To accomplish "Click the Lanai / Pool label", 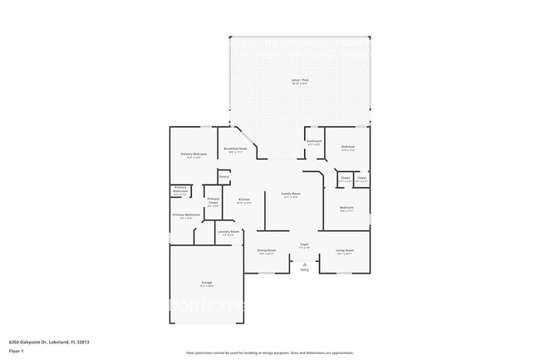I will coord(299,81).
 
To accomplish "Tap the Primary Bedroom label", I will coord(194,155).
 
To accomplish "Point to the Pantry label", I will coord(223,176).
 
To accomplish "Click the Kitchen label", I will coord(244,200).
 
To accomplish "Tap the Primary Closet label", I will coord(213,200).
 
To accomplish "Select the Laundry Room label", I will coord(228,233).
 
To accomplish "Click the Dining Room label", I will coord(266,251).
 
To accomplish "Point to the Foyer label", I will coord(305,245).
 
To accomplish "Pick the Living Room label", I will coord(345,251).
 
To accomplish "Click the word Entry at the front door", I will coord(304,269).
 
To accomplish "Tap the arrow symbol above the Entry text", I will coord(304,263).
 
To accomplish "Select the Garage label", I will coord(206,284).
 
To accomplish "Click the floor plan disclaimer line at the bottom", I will coord(269,353).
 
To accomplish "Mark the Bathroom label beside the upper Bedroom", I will coord(314,143).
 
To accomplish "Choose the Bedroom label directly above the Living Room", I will coord(346,208).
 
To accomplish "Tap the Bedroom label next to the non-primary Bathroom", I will coord(348,148).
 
